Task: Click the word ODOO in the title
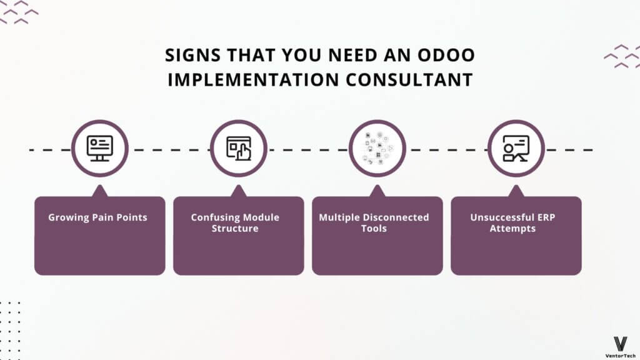tap(446, 55)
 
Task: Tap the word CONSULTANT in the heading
tap(409, 79)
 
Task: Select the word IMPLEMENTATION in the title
tap(254, 79)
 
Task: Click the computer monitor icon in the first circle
tap(99, 148)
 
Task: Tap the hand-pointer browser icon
tap(239, 148)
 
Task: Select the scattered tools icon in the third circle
tap(378, 148)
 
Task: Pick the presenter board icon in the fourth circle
tap(516, 148)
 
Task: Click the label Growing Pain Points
tap(97, 217)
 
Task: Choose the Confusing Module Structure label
tap(235, 223)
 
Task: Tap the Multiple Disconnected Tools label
tap(374, 223)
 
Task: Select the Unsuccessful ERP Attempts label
tap(512, 223)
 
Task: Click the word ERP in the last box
tap(546, 217)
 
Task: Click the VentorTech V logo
tap(621, 344)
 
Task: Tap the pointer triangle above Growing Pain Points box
tap(99, 191)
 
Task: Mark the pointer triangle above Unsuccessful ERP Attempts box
tap(516, 191)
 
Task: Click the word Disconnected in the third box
tap(395, 217)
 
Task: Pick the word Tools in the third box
tap(374, 228)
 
